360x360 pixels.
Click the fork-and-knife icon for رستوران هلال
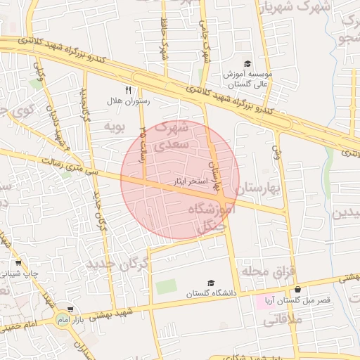(x=128, y=89)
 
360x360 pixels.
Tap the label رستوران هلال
(x=124, y=101)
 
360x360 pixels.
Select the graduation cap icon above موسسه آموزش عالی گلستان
(x=246, y=63)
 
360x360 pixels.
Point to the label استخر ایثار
(x=191, y=181)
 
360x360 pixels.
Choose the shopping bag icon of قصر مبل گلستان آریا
(x=298, y=290)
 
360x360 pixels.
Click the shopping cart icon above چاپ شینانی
(x=18, y=260)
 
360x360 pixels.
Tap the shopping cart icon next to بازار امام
(x=70, y=309)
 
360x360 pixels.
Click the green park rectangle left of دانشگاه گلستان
(x=166, y=287)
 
